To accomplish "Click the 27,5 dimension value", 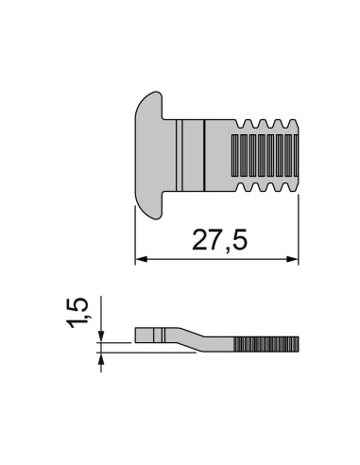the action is (220, 240).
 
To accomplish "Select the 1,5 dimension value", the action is (77, 313).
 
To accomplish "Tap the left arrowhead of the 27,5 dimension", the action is (141, 259).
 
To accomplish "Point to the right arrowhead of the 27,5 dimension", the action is (292, 259).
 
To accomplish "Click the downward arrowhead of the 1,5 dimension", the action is (101, 336).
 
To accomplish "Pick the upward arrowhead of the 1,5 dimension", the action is (101, 359).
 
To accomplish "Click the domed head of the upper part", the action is (149, 155).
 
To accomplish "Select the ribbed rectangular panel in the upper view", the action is (265, 155).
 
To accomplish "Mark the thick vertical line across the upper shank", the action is (204, 155).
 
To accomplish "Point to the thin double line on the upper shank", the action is (180, 155).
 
